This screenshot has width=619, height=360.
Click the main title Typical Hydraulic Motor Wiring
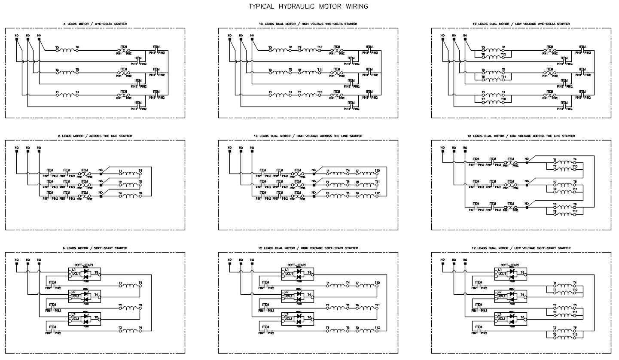(x=308, y=6)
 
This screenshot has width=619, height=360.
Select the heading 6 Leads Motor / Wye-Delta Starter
(x=95, y=24)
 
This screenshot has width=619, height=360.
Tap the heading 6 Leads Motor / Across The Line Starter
(x=95, y=136)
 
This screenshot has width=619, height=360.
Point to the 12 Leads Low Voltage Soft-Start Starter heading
(x=521, y=248)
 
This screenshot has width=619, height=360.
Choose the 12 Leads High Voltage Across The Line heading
(x=308, y=136)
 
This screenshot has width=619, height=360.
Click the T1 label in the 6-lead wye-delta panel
(x=57, y=92)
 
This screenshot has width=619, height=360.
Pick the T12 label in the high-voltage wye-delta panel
(x=320, y=47)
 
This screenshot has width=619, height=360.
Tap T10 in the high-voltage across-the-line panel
(x=377, y=171)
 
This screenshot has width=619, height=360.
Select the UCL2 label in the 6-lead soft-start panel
(x=76, y=296)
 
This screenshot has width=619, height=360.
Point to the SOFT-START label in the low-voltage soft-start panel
(x=509, y=265)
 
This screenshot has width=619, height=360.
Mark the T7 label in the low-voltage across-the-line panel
(x=555, y=167)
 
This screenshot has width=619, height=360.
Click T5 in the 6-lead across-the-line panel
(x=140, y=182)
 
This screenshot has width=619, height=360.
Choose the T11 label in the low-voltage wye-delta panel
(x=503, y=77)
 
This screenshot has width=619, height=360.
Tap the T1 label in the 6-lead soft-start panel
(x=121, y=283)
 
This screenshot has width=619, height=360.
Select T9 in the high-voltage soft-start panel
(x=357, y=328)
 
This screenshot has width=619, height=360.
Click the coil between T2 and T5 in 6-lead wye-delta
(x=67, y=73)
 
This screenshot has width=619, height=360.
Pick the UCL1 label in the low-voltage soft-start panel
(x=502, y=273)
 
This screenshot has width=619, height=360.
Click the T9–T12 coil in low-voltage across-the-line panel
(x=564, y=214)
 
